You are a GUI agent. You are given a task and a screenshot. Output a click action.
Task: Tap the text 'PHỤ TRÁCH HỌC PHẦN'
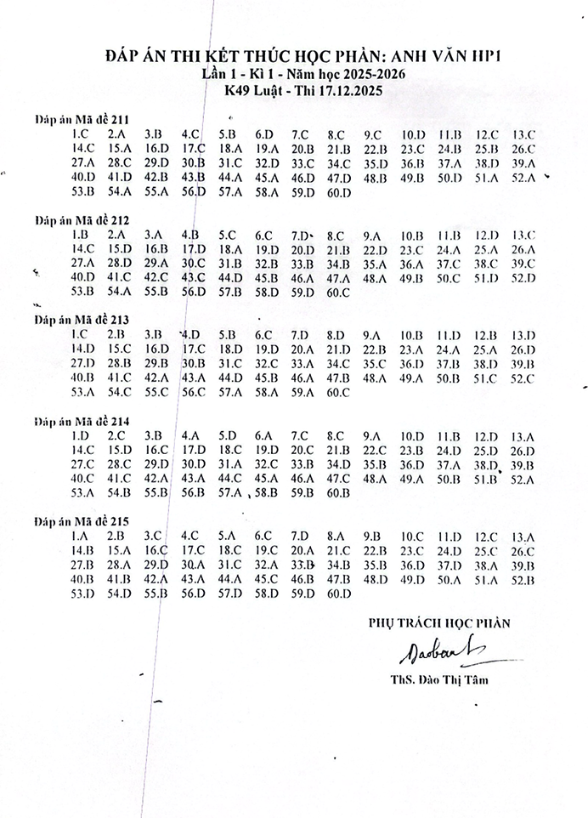439,623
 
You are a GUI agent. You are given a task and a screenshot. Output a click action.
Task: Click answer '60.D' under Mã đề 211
338,193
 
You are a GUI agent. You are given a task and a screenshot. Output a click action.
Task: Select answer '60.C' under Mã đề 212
338,293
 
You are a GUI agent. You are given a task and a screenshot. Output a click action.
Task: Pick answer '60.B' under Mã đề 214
338,492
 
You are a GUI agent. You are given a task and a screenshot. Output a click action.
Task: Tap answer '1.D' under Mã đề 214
81,435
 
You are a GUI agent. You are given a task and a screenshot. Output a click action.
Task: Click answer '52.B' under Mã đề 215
523,580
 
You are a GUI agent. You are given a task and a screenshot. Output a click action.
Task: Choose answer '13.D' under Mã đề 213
523,335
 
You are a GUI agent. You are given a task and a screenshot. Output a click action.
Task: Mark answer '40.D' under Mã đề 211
82,178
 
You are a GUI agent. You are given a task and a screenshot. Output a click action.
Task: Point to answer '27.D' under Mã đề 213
82,363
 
